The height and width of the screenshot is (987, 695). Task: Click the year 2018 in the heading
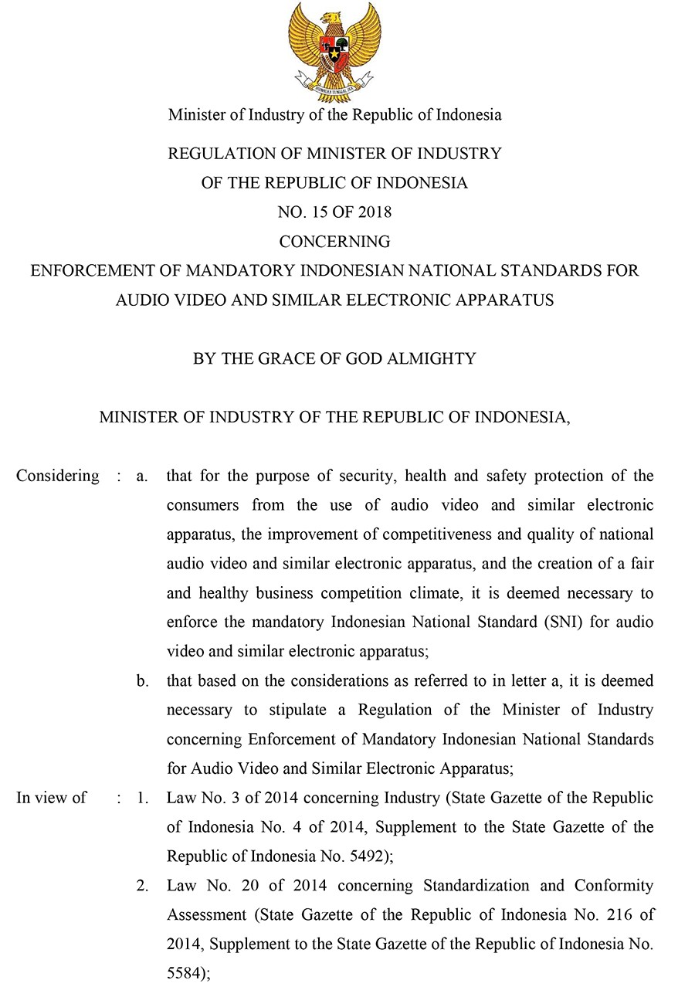pyautogui.click(x=375, y=212)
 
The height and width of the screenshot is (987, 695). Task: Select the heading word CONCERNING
pyautogui.click(x=334, y=242)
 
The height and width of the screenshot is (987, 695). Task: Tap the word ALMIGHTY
pyautogui.click(x=440, y=359)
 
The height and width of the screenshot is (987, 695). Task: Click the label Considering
pyautogui.click(x=58, y=476)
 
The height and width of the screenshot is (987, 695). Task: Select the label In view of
pyautogui.click(x=51, y=797)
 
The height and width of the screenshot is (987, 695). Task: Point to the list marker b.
pyautogui.click(x=142, y=681)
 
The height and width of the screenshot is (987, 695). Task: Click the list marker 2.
pyautogui.click(x=142, y=885)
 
